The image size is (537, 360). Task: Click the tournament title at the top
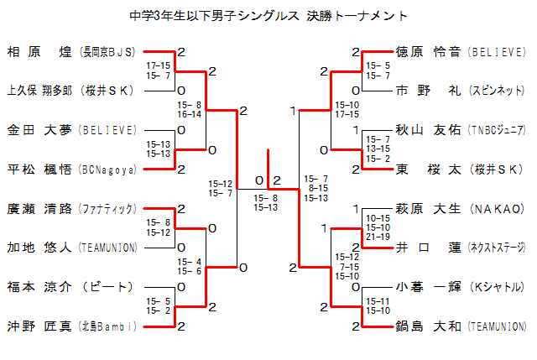(x=268, y=15)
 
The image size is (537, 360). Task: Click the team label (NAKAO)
(x=497, y=208)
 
